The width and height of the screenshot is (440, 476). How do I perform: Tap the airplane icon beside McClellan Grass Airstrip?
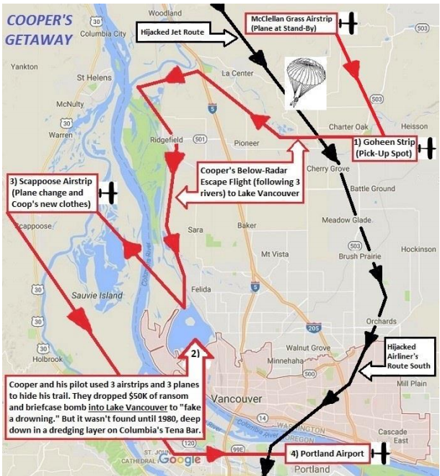pyautogui.click(x=348, y=23)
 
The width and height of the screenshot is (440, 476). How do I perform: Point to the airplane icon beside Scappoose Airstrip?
pyautogui.click(x=107, y=193)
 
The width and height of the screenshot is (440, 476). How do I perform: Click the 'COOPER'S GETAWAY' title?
pyautogui.click(x=39, y=30)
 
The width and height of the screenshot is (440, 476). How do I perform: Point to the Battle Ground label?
pyautogui.click(x=372, y=188)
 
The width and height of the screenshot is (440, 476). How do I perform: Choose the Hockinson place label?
pyautogui.click(x=419, y=249)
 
